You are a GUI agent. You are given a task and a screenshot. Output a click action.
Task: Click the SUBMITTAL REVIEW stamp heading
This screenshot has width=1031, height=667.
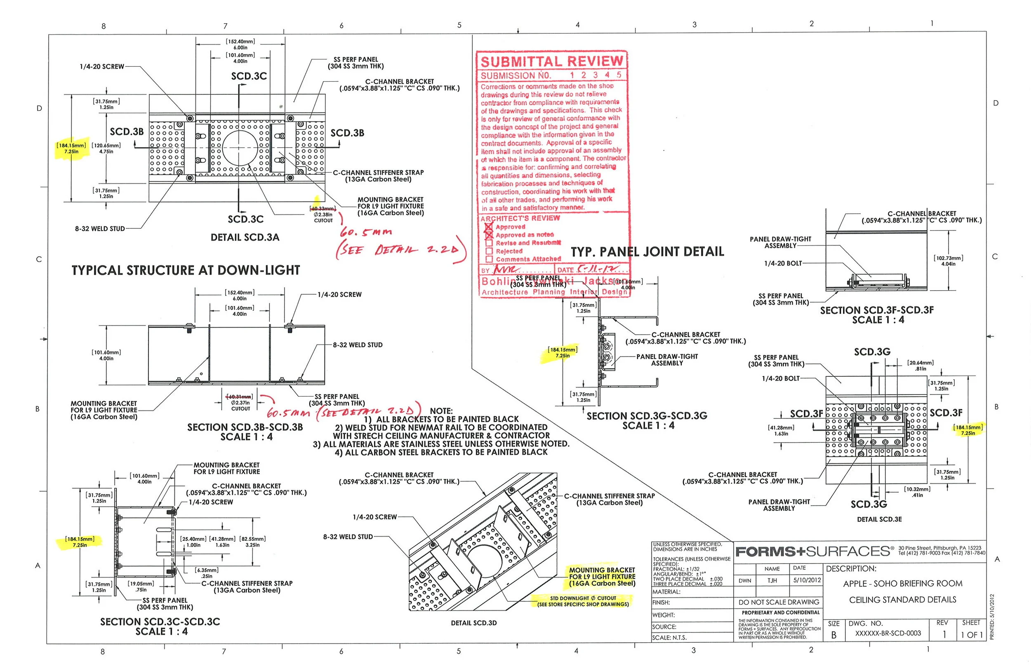tap(551, 61)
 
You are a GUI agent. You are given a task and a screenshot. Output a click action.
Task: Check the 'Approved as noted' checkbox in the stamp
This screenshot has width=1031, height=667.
tap(489, 235)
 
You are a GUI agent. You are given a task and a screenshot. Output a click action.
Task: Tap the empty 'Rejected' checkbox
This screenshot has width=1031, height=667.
tap(489, 251)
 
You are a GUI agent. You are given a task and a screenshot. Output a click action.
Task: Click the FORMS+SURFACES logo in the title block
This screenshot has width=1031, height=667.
tap(814, 551)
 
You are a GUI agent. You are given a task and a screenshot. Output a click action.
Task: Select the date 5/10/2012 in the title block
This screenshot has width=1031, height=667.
tap(807, 580)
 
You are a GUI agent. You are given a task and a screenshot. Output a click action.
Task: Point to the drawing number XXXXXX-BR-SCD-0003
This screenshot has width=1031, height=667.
tap(887, 633)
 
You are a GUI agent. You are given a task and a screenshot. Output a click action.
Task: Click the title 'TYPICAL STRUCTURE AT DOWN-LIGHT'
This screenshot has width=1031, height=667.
tap(186, 270)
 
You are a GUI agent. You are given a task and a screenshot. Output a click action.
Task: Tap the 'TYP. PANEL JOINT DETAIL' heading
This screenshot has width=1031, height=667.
tap(647, 251)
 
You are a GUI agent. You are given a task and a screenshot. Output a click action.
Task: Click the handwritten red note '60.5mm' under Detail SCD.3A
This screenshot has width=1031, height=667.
tap(366, 232)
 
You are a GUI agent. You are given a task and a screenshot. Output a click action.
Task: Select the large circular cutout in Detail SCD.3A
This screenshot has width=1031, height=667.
tap(240, 147)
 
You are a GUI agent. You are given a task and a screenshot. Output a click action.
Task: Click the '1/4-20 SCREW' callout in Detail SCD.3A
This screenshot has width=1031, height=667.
tap(102, 67)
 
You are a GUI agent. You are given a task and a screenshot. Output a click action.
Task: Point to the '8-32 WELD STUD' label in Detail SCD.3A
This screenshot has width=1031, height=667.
tap(100, 229)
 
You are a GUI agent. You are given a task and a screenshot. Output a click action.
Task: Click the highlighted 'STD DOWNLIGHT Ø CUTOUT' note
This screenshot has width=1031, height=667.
tap(583, 601)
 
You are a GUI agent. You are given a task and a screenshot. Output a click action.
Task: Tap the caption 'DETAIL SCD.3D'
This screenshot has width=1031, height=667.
tap(473, 623)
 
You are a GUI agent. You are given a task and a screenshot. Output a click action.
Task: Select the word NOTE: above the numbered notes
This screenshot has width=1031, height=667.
tap(441, 411)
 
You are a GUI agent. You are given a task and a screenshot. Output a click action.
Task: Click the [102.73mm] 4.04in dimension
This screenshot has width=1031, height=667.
tap(948, 261)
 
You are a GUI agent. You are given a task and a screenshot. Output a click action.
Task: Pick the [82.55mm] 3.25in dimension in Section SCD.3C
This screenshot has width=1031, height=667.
tap(252, 542)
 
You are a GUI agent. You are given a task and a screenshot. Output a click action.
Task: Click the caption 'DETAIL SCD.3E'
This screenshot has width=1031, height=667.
tap(879, 519)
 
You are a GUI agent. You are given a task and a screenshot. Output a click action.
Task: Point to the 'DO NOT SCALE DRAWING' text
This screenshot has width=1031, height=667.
tap(779, 602)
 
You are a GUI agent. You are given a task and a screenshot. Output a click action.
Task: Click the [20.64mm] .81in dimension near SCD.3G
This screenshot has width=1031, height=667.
tap(920, 366)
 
